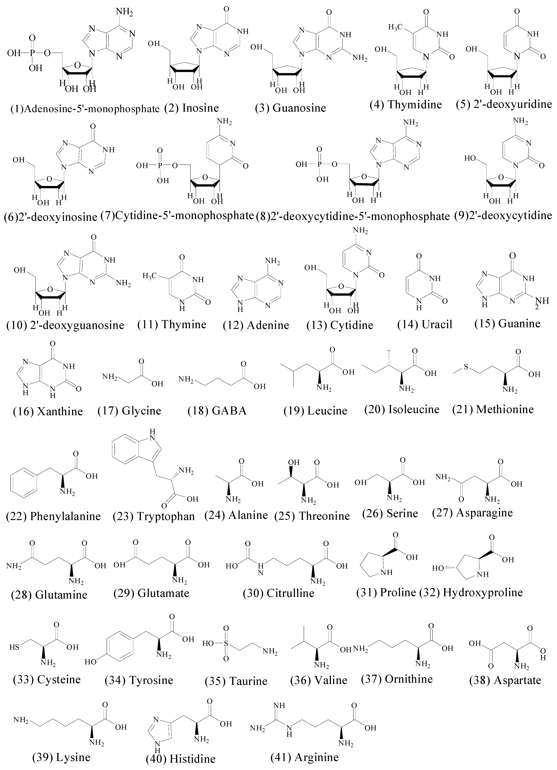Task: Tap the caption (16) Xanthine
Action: [48, 411]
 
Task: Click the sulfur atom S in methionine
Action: [466, 367]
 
